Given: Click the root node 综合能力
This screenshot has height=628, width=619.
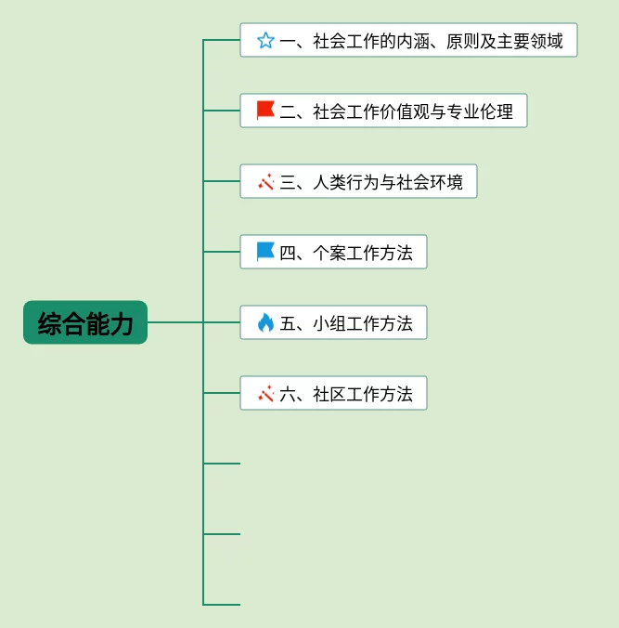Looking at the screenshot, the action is coord(85,322).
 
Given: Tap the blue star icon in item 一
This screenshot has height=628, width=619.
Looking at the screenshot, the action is coord(265,41).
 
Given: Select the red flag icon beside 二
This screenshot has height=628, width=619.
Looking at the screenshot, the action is coord(265,111).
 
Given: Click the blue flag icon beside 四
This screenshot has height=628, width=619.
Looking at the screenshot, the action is coord(265,252).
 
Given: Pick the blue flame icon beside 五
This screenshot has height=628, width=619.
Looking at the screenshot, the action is coord(265,322).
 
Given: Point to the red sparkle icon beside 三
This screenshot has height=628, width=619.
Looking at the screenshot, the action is coord(266,181).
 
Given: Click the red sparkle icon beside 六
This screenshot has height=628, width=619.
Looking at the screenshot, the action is coord(266,393).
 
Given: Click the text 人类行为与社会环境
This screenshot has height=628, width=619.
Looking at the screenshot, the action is coord(388,182).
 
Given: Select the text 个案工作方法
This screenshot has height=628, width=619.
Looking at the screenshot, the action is coord(363,253).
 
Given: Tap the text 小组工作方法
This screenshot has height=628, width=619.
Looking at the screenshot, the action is coord(363,323).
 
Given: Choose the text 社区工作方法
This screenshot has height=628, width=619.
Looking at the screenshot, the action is coord(363,394).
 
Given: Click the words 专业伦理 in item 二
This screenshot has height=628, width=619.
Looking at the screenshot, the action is coord(480,111).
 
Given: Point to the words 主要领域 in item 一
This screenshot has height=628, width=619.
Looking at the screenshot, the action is coord(530,41).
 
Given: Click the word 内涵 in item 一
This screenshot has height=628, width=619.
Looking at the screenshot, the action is coord(413,41).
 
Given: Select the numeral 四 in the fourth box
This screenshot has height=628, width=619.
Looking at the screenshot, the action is coord(288,253).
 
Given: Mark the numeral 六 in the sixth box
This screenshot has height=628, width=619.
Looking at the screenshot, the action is coord(288,394).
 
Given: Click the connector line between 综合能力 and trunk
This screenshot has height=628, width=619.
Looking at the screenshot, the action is coord(175,322).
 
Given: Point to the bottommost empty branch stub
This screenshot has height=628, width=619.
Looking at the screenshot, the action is coord(222,605).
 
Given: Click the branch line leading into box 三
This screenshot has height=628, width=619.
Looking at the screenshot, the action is coord(222,181).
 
